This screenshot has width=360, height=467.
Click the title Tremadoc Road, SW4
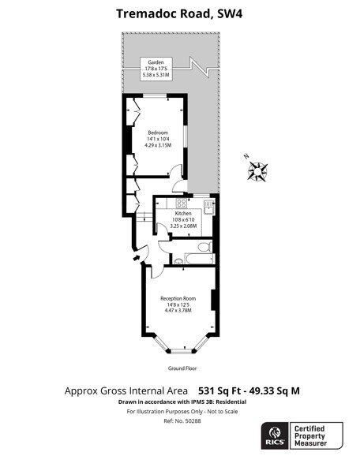pyautogui.click(x=179, y=13)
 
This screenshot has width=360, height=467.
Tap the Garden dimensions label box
pyautogui.click(x=156, y=69)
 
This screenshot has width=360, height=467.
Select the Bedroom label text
pyautogui.click(x=158, y=133)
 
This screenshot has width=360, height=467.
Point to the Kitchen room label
pyautogui.click(x=183, y=214)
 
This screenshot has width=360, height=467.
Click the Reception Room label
pyautogui.click(x=178, y=298)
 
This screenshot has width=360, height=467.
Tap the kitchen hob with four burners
pyautogui.click(x=182, y=203)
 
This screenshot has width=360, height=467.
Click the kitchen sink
pyautogui.click(x=208, y=207)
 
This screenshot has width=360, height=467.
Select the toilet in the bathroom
pyautogui.click(x=205, y=247)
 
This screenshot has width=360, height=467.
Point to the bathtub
pyautogui.click(x=200, y=259)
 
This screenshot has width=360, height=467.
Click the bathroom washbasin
pyautogui.click(x=178, y=261)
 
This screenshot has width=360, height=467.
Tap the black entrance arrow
pyautogui.click(x=137, y=258)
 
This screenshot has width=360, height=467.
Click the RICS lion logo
pyautogui.click(x=275, y=433)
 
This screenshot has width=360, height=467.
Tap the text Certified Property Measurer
pyautogui.click(x=310, y=436)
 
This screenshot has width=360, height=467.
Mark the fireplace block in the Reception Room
pyautogui.click(x=213, y=300)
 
